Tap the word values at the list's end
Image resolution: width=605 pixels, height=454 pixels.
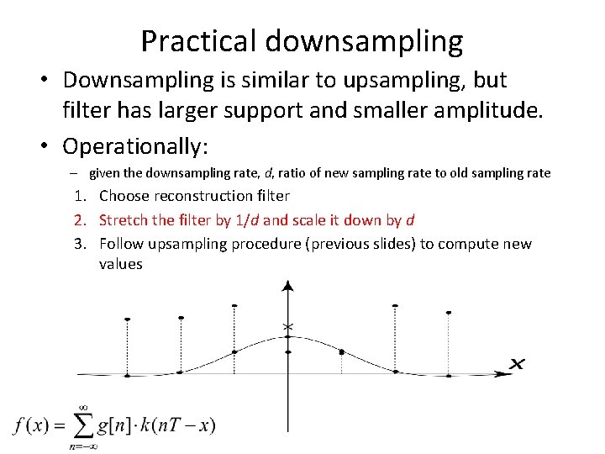pos(120,264)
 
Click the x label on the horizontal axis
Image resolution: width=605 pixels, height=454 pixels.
pos(518,363)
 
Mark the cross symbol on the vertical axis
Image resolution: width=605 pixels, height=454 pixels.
pos(288,326)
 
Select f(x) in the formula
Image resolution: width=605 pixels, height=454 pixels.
pos(31,425)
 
